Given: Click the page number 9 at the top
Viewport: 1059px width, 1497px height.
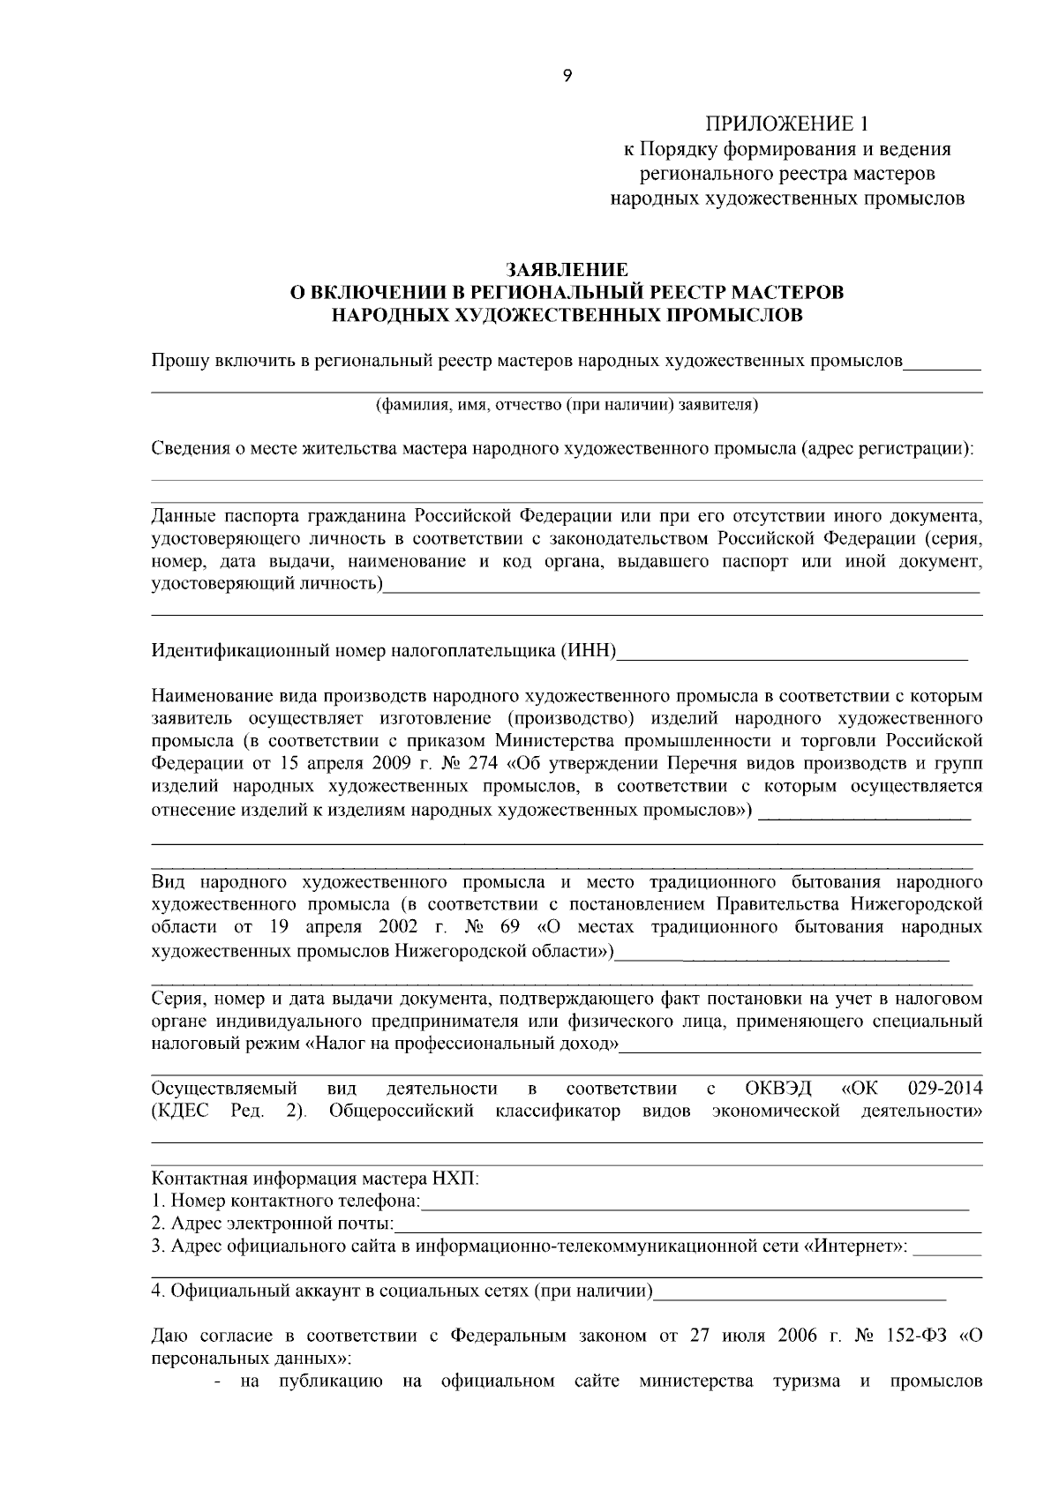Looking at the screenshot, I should (x=567, y=77).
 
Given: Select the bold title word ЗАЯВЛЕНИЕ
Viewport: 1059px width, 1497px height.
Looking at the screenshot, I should (x=567, y=268).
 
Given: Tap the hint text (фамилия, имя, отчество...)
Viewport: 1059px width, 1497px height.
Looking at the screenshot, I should (x=567, y=405).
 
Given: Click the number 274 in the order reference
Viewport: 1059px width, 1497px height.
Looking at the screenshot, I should (x=485, y=762).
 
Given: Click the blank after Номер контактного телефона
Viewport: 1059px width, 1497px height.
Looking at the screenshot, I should (x=695, y=1202).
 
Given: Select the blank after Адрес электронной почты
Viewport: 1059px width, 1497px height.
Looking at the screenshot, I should (x=687, y=1225).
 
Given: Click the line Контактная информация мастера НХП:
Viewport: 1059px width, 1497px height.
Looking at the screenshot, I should (x=316, y=1179).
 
